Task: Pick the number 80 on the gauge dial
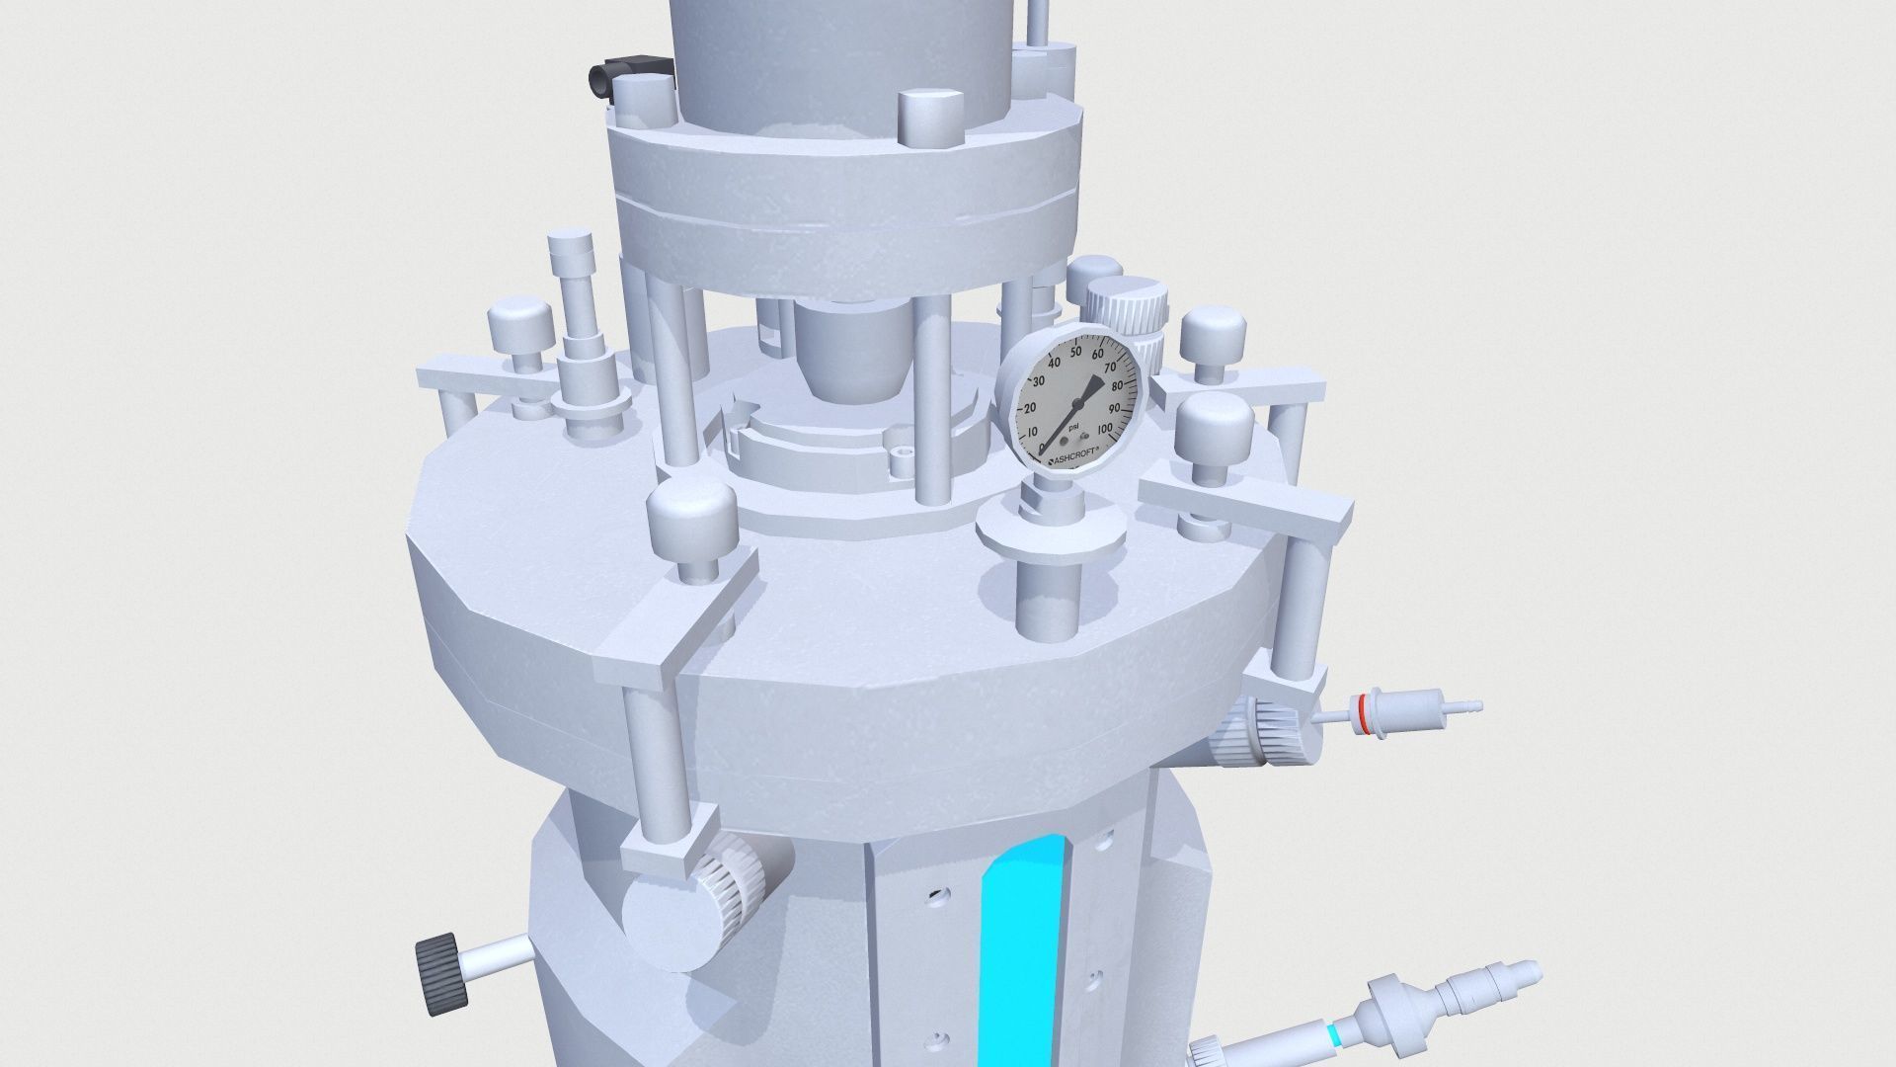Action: pyautogui.click(x=1119, y=385)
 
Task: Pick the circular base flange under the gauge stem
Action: pyautogui.click(x=1049, y=533)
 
